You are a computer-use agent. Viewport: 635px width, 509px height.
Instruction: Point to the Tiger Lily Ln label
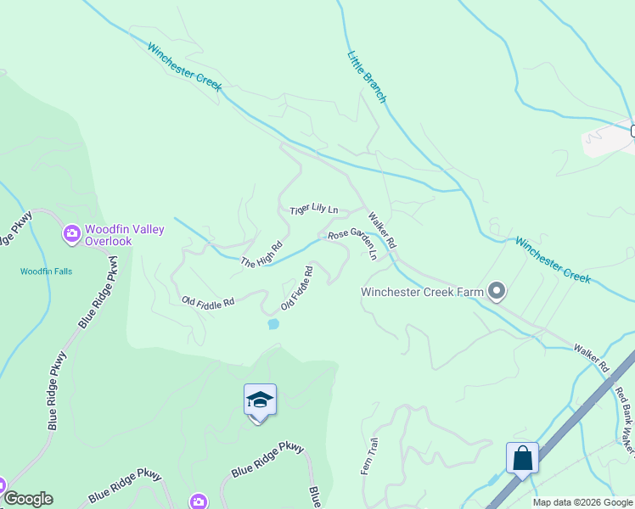313,209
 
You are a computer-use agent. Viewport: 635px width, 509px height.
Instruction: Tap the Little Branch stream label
366,77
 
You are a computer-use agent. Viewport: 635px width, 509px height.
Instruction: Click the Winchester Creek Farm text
422,293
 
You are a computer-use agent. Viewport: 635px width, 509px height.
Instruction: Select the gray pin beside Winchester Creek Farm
497,293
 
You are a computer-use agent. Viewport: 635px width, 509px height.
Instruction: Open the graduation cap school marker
260,400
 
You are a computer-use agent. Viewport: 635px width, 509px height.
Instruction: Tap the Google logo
28,499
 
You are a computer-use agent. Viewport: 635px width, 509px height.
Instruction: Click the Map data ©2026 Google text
582,502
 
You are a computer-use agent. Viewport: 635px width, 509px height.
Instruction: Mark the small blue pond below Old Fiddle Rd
273,323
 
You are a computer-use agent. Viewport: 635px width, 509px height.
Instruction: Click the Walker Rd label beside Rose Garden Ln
382,230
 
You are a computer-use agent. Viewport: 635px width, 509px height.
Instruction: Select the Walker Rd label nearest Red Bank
592,359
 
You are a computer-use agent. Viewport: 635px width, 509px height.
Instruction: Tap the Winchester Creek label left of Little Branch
184,67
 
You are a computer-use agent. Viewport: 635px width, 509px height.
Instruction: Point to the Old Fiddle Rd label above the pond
297,288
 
